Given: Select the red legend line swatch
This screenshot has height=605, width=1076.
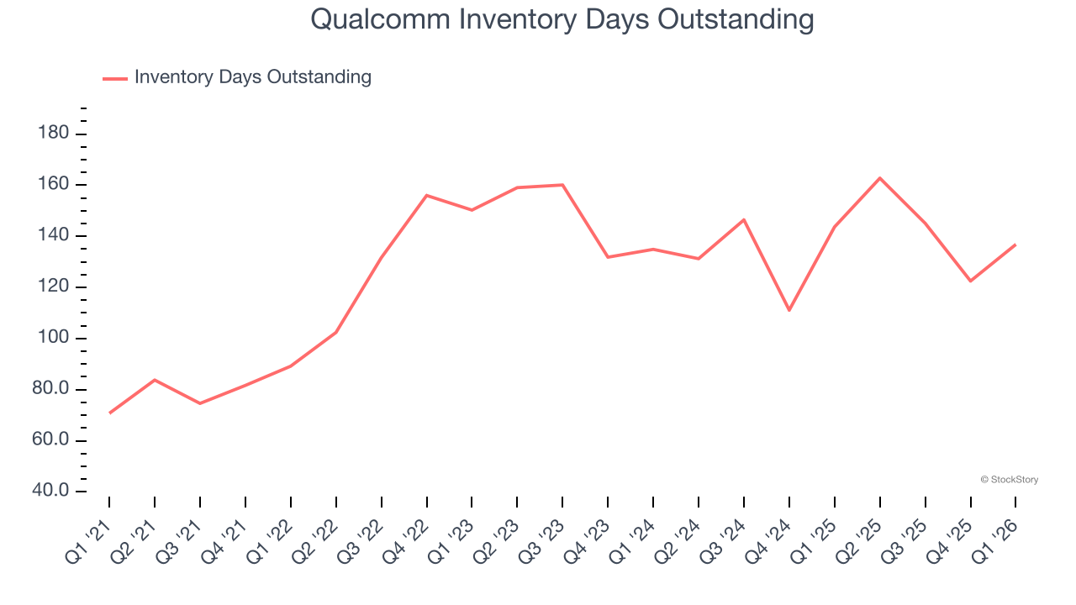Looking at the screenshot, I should pos(114,78).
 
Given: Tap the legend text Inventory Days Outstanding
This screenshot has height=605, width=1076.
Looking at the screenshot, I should pos(252,77).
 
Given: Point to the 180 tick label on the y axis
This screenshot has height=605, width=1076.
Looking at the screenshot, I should pos(54,134).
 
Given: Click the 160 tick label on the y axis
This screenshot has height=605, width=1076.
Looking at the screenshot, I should pos(54,185).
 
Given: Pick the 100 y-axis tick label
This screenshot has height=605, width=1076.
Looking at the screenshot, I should pos(54,339).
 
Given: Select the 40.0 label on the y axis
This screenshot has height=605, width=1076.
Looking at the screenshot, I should pos(50,491).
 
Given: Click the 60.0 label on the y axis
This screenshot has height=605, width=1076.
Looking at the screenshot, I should pos(50,440).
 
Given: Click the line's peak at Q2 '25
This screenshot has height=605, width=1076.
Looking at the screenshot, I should pos(880,178).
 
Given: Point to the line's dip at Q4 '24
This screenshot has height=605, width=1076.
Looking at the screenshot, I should pos(789,310).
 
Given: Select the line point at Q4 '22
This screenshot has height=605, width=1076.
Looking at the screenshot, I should pos(427,196).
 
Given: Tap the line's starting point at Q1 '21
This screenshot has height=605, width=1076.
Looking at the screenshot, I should pos(109,413).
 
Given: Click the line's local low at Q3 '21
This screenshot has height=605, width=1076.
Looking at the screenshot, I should pos(200,403).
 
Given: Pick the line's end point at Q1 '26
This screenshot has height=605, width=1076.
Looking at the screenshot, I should pos(1015,245).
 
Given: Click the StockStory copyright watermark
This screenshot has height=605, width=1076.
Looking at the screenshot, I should pos(1010,480).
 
